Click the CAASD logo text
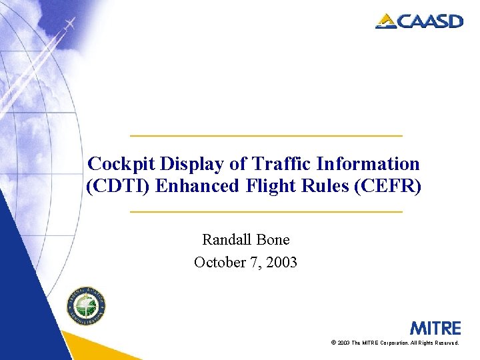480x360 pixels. pos(429,21)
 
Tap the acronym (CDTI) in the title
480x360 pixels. pos(119,186)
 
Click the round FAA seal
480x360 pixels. pos(86,308)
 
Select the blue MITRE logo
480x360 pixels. pos(435,328)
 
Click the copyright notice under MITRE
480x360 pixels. pos(395,343)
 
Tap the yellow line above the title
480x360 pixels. pos(266,136)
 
